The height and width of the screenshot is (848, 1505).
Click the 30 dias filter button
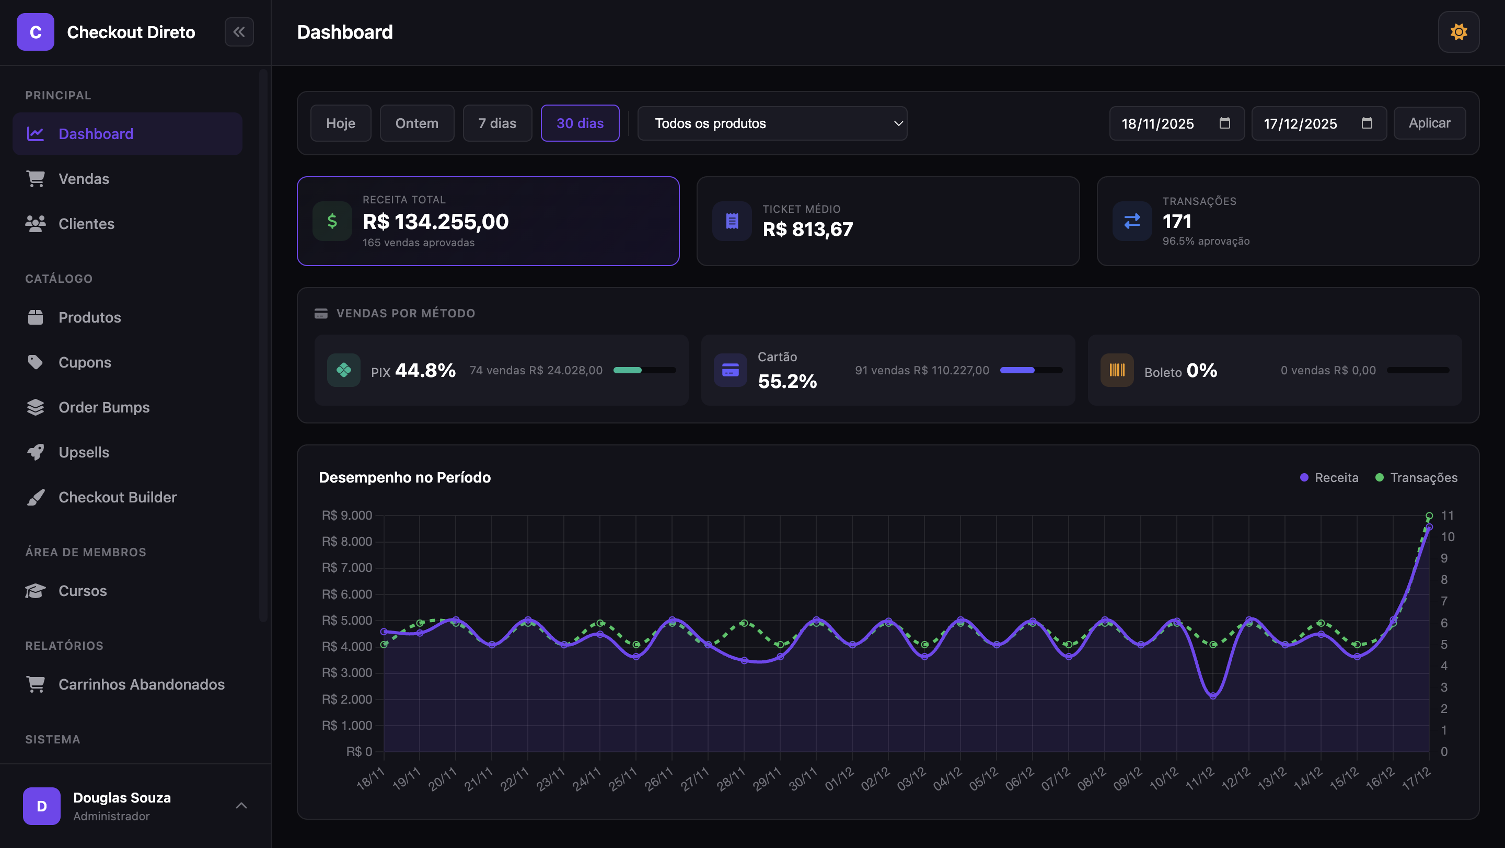point(580,123)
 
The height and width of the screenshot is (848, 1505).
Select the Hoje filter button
point(341,123)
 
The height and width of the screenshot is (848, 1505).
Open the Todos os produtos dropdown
point(772,123)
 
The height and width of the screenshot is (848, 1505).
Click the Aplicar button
point(1429,123)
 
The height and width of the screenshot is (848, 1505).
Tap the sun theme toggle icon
point(1458,32)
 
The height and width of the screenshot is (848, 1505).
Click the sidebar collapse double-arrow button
point(239,32)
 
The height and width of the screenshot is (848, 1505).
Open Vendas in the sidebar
point(84,179)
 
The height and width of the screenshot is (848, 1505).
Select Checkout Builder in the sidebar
point(118,497)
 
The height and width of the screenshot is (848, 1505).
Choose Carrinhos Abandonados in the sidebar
point(142,684)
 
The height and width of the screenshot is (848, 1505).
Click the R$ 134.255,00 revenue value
point(435,222)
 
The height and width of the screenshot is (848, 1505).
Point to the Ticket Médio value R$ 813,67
point(807,229)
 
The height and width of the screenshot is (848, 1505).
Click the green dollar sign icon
point(332,221)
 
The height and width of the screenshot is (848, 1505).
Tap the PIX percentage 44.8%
point(425,371)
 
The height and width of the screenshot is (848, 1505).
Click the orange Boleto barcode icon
point(1117,370)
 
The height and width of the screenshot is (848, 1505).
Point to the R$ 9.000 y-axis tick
point(346,515)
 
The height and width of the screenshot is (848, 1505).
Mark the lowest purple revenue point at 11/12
point(1213,695)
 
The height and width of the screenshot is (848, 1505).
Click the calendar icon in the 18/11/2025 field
point(1224,123)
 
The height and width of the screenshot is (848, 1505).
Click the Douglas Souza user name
point(122,798)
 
